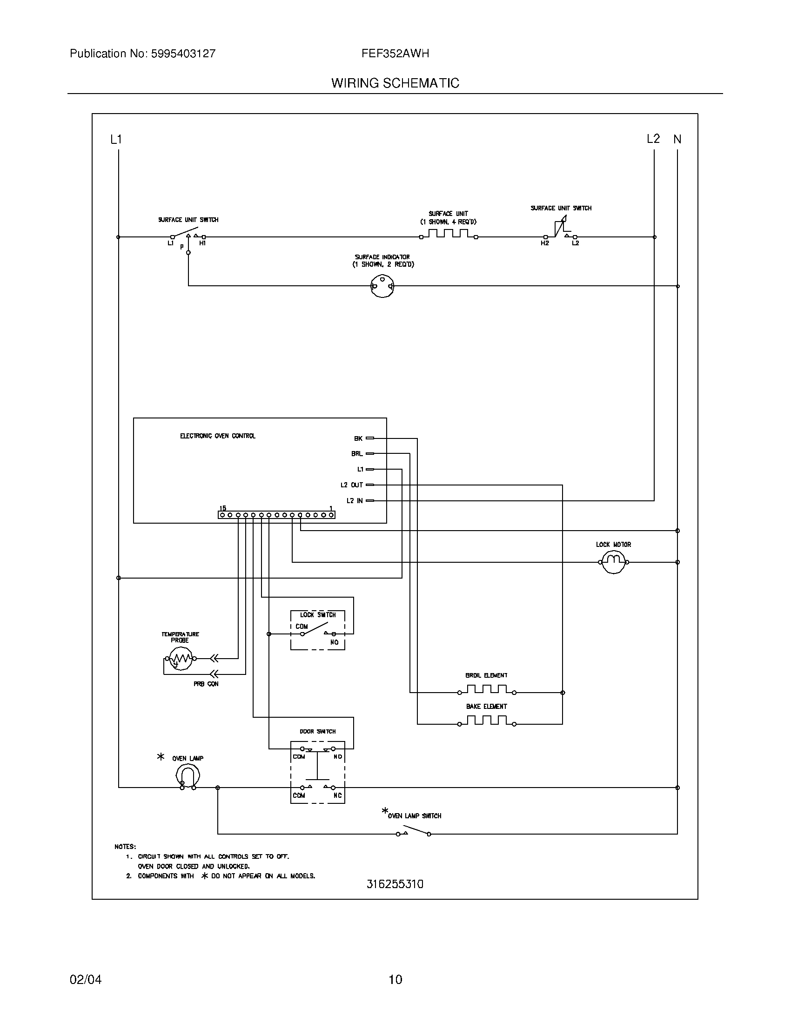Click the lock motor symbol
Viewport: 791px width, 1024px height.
(613, 562)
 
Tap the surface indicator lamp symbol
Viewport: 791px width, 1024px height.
(382, 285)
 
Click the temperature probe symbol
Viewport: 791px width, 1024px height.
(180, 659)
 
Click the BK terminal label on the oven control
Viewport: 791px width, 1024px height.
(358, 438)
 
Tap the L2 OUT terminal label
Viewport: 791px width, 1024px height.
(351, 485)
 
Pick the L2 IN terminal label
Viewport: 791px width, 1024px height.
(354, 501)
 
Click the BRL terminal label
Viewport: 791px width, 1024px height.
(356, 454)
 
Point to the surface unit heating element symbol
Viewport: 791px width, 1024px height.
(449, 234)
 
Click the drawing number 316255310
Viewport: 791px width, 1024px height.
(395, 884)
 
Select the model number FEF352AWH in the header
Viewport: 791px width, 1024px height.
(395, 54)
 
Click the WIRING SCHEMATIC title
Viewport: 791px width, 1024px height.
(395, 83)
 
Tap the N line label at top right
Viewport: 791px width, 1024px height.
(677, 139)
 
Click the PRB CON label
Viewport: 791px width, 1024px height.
(206, 684)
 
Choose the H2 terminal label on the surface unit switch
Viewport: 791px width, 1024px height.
(544, 243)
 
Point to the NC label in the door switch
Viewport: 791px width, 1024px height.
(337, 795)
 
